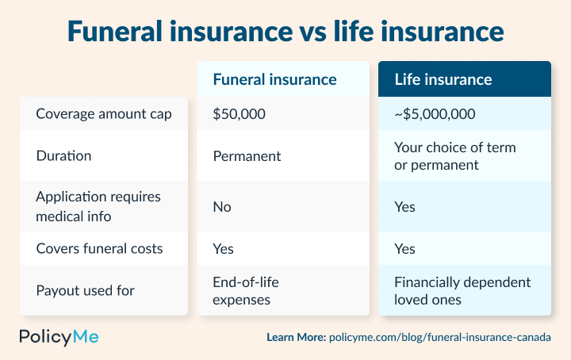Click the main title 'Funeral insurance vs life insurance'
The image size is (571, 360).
click(x=285, y=31)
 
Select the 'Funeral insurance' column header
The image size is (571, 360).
click(x=274, y=79)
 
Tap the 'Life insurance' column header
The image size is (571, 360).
click(x=443, y=79)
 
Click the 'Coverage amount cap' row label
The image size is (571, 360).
click(x=104, y=113)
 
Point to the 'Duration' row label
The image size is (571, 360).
click(x=63, y=155)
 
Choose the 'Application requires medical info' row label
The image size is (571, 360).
click(x=98, y=207)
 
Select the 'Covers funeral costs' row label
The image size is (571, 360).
click(x=99, y=248)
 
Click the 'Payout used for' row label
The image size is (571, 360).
click(x=85, y=290)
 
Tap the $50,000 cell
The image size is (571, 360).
click(x=239, y=113)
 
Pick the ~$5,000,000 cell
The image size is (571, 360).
click(x=435, y=113)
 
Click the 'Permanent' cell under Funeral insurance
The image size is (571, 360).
click(x=247, y=155)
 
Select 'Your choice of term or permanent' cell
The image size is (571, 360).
click(x=454, y=156)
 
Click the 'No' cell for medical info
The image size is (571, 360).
click(x=221, y=207)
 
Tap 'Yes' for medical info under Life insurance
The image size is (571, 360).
click(x=404, y=207)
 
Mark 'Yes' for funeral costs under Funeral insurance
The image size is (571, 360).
click(x=224, y=248)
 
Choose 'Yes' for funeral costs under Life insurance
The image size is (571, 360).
click(x=404, y=248)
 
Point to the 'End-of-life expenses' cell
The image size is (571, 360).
click(x=246, y=291)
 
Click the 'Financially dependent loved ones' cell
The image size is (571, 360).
click(x=462, y=291)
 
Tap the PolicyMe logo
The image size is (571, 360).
click(x=59, y=336)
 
